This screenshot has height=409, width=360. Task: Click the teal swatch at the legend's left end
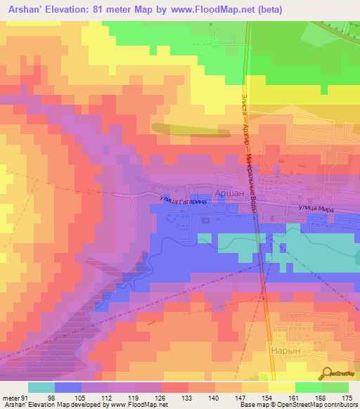click(x=41, y=387)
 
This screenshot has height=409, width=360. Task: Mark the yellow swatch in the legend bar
click(x=282, y=387)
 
